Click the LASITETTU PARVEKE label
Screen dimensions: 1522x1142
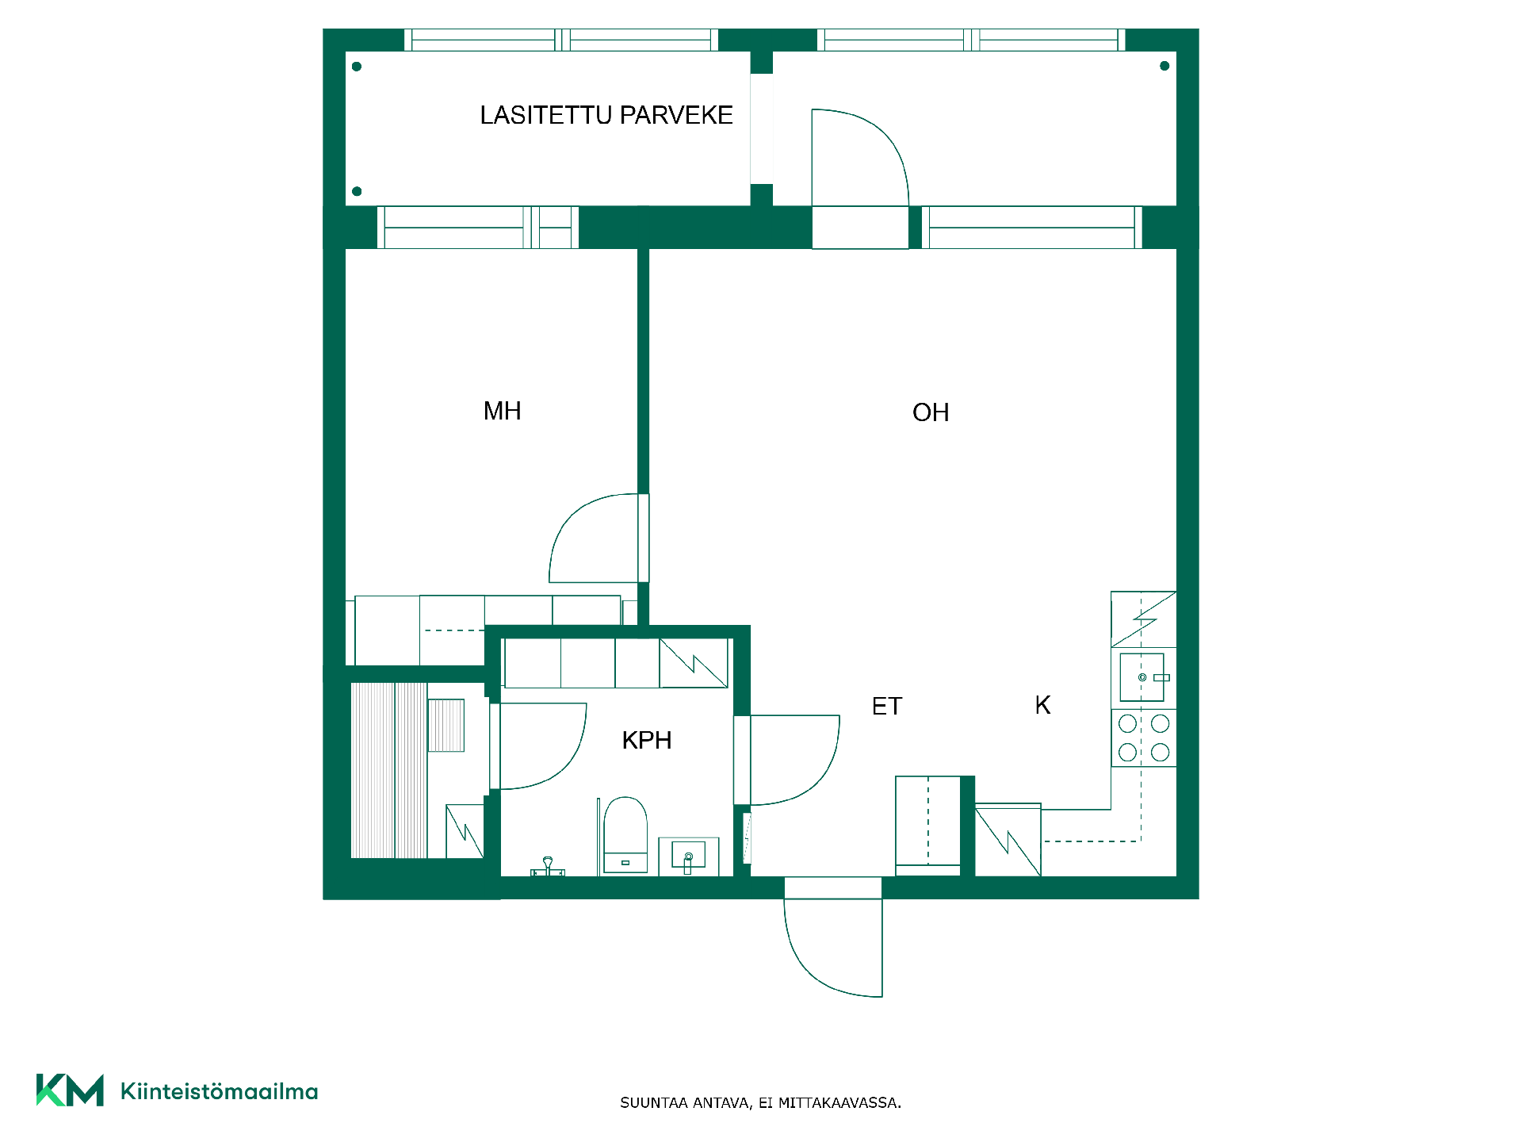click(x=606, y=116)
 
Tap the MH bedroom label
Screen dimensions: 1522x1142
click(x=503, y=411)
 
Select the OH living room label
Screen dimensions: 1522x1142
click(x=931, y=412)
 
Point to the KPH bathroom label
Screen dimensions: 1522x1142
click(x=647, y=741)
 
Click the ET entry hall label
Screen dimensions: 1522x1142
click(x=887, y=707)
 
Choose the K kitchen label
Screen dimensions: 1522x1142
click(x=1043, y=705)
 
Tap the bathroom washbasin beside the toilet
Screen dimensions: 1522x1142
click(x=689, y=856)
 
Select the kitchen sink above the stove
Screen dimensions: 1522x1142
click(x=1142, y=677)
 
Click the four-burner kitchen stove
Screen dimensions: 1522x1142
click(x=1144, y=738)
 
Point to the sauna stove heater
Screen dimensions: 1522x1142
click(x=446, y=725)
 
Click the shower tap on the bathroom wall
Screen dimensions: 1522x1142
click(x=548, y=868)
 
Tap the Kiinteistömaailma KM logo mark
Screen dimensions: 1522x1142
click(x=70, y=1090)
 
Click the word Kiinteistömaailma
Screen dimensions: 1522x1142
click(x=219, y=1091)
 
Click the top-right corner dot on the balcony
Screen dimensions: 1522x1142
click(x=1164, y=66)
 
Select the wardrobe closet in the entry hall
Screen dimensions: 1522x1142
click(x=928, y=826)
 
